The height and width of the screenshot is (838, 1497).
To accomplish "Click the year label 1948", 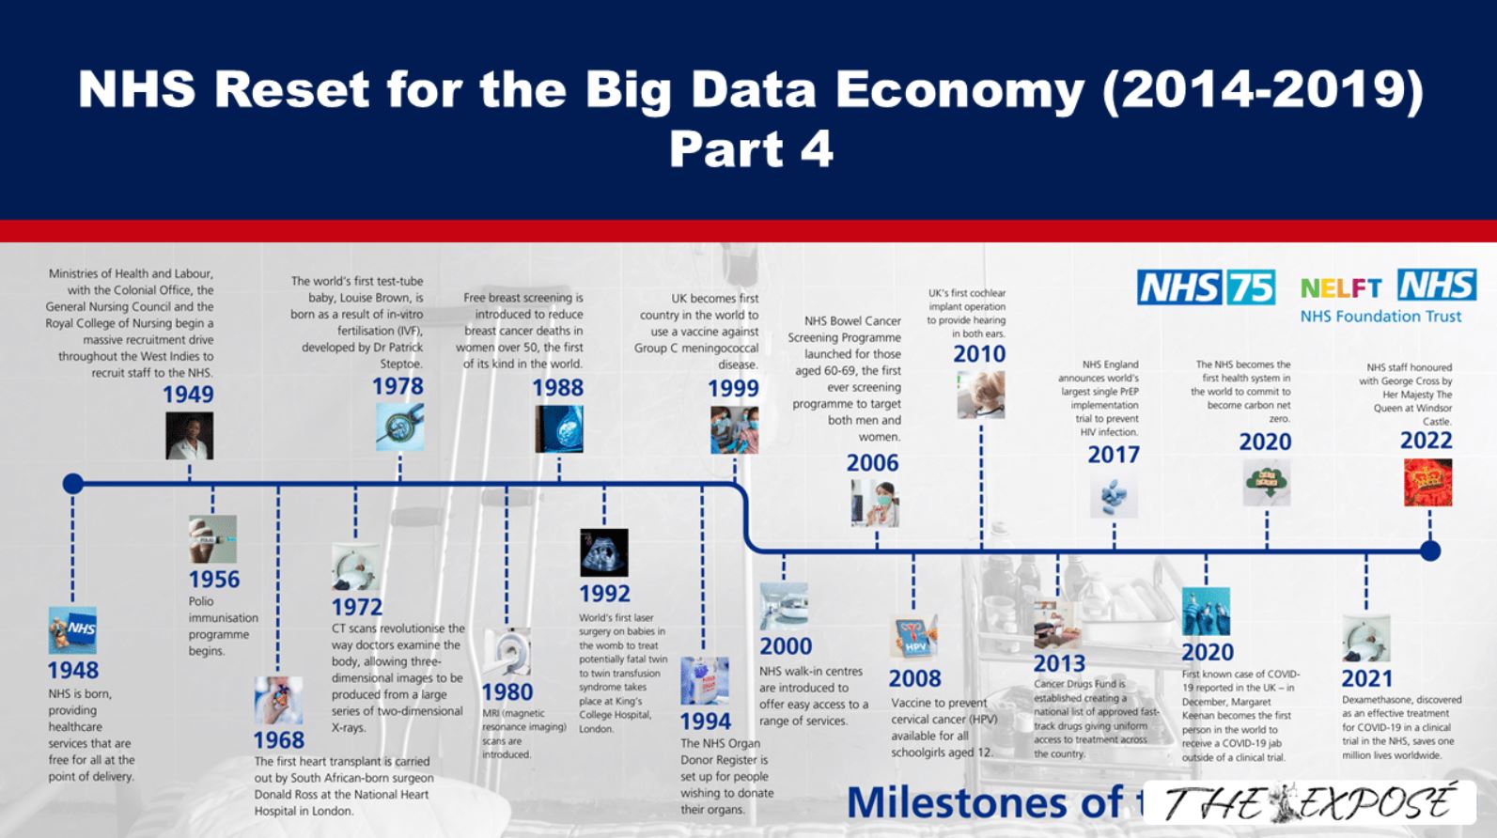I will click(x=72, y=670).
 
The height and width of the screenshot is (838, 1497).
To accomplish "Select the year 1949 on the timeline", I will click(x=188, y=395).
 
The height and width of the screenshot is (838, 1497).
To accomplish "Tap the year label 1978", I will click(x=398, y=386).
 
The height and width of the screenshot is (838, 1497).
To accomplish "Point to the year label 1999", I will click(x=733, y=388).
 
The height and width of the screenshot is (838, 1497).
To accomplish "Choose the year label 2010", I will click(x=979, y=354).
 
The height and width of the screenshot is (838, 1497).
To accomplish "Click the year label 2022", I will click(x=1426, y=441).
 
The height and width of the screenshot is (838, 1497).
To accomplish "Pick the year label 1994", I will click(x=705, y=721).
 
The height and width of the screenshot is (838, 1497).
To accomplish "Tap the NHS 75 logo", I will click(x=1206, y=287).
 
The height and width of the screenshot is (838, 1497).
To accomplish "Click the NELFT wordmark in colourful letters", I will click(x=1341, y=287).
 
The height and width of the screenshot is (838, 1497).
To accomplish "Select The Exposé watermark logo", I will click(x=1309, y=804).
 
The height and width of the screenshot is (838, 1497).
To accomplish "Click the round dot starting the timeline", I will click(x=72, y=484).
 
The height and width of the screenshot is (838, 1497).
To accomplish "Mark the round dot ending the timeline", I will click(x=1429, y=551).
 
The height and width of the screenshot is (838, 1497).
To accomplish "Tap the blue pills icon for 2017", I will click(x=1114, y=497).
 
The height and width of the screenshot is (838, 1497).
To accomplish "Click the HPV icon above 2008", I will click(x=913, y=637).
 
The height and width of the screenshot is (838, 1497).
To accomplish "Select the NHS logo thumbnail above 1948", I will click(x=72, y=628).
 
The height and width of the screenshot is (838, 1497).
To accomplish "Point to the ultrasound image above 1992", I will click(x=603, y=551).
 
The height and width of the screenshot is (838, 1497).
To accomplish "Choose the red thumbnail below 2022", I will click(x=1427, y=482).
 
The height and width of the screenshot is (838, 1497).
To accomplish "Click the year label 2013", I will click(x=1059, y=663).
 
